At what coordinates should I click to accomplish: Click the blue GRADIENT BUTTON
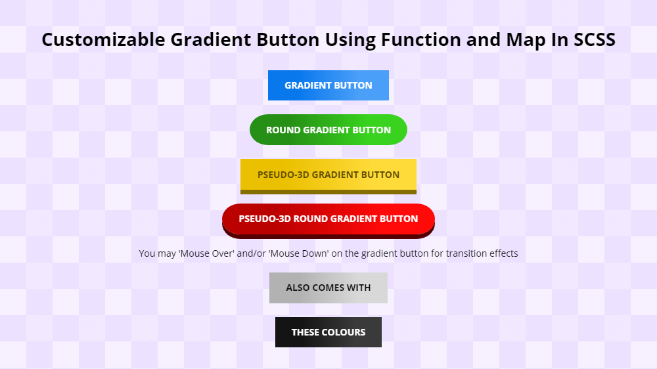click(328, 85)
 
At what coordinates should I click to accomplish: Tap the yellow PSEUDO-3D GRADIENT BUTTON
click(328, 175)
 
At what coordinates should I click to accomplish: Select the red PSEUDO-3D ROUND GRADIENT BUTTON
click(328, 219)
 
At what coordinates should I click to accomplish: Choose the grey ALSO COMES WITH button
click(328, 288)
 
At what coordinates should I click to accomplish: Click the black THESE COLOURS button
click(328, 332)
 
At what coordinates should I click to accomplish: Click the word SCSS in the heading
click(594, 40)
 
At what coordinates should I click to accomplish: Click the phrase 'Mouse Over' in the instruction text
click(206, 253)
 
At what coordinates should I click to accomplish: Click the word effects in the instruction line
click(502, 253)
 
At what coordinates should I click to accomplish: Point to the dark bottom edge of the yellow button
click(328, 192)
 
